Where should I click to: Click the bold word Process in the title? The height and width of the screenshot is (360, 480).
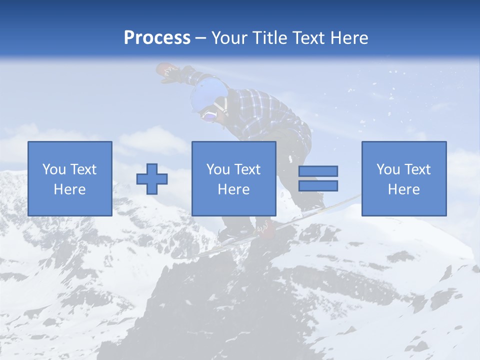157,38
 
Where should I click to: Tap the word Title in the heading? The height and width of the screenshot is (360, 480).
270,38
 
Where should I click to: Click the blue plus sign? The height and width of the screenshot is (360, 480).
152,179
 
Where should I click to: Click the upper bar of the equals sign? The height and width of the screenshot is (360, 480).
318,171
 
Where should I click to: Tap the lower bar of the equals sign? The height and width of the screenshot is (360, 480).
318,185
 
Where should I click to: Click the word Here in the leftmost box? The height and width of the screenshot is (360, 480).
70,189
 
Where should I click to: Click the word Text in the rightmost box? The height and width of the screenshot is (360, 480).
418,169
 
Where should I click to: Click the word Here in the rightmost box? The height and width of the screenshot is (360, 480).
404,189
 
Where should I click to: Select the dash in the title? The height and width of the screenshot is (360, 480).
201,38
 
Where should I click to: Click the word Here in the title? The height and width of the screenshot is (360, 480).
349,38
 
